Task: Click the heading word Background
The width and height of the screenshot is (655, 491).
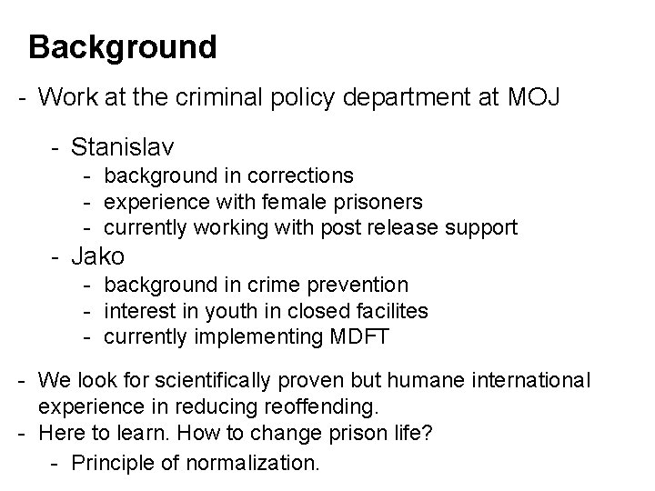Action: [x=123, y=46]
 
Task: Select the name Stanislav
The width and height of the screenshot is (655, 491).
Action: [x=123, y=145]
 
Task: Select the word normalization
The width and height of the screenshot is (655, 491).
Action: [x=252, y=464]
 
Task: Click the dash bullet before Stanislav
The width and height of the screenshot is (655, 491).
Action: [x=55, y=145]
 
